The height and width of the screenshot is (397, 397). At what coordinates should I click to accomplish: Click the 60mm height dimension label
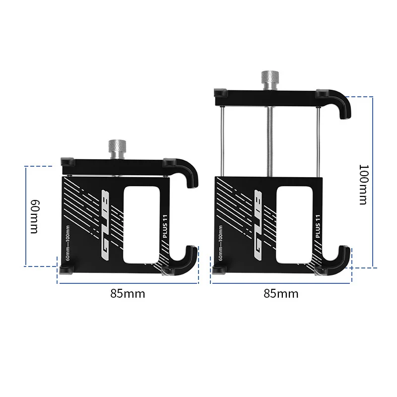34,217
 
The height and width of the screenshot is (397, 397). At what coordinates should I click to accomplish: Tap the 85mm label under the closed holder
128,293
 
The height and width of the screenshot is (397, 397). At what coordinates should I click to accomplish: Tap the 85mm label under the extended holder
281,293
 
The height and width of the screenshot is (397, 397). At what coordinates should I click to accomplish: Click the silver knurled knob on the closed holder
118,148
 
